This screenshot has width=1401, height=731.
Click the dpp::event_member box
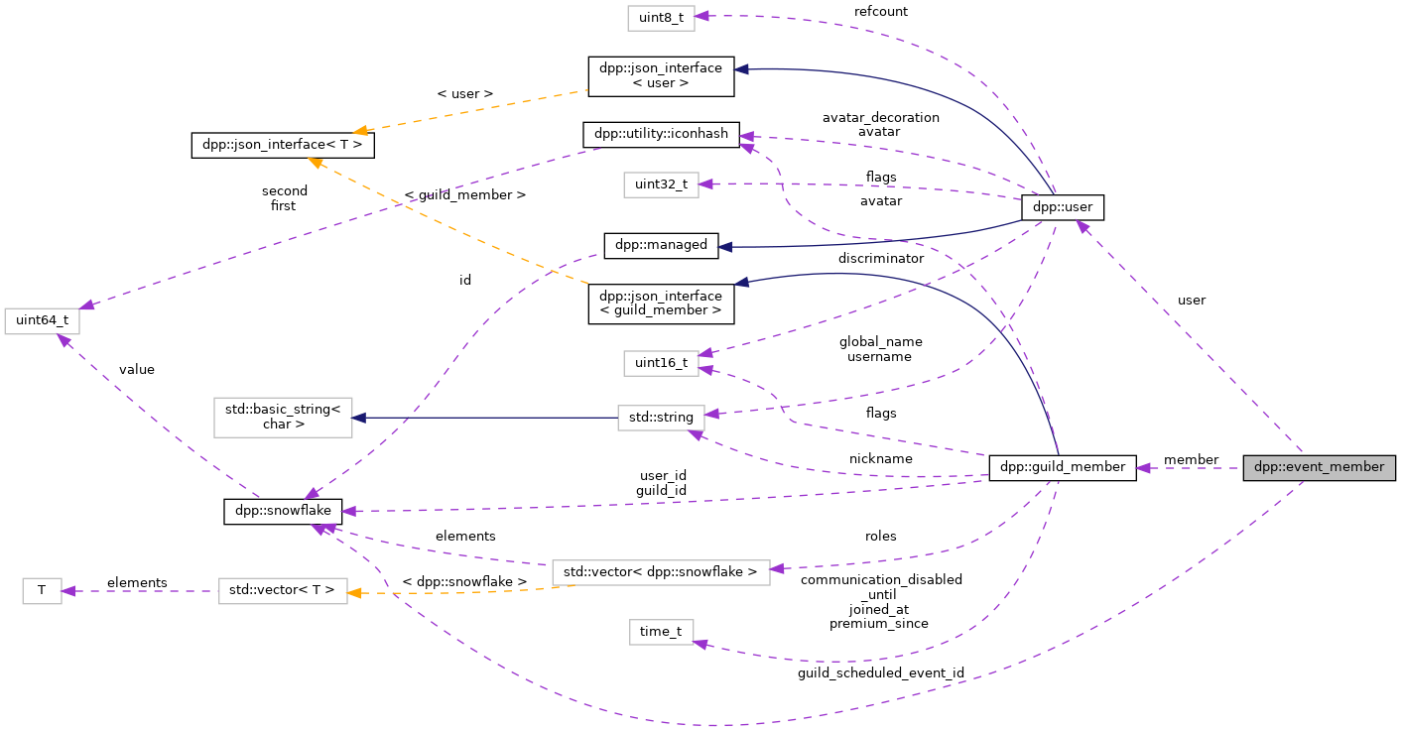coord(1319,467)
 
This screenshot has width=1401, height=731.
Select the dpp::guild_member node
coord(1062,467)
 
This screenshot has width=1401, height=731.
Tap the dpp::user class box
coord(1062,207)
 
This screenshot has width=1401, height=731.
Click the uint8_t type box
coord(660,17)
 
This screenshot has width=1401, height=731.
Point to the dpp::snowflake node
coord(283,512)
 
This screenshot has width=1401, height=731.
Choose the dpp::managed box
coord(660,245)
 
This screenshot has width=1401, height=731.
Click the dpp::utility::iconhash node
coord(660,134)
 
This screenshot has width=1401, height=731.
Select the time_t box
coord(661,632)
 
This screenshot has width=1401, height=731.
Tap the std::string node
coord(661,418)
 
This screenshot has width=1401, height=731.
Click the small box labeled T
coord(42,590)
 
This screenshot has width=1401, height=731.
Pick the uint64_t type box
coord(42,321)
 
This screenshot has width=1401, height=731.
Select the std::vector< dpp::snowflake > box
coord(661,571)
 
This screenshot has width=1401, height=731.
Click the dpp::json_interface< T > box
coord(283,145)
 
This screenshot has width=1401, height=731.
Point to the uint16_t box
coord(661,363)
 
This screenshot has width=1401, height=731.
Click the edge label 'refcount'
coord(880,12)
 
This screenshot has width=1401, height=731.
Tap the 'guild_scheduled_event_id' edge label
coord(880,673)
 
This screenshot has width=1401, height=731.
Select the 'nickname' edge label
coord(880,459)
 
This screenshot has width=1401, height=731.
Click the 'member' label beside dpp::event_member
coord(1191,460)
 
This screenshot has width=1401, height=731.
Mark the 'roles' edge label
coord(880,537)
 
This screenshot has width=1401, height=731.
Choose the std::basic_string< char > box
coord(283,418)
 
